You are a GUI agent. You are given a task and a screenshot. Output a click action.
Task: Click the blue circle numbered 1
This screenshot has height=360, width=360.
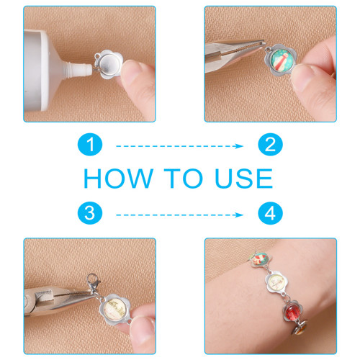click(x=90, y=145)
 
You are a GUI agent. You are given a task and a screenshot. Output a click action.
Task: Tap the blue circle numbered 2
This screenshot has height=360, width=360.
click(x=270, y=145)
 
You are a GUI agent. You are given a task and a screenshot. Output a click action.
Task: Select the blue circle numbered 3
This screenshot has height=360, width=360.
click(x=90, y=213)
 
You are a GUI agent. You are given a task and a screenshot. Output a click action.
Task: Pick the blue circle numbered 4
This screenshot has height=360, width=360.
click(x=270, y=213)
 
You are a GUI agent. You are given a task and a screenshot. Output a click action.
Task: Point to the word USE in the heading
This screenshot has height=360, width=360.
click(x=244, y=178)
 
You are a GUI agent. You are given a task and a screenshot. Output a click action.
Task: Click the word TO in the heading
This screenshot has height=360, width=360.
click(x=184, y=178)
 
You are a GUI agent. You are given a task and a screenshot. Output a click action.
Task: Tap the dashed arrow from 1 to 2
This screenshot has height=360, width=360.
click(x=179, y=146)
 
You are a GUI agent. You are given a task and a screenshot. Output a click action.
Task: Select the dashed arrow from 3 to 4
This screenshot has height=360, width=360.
click(x=179, y=215)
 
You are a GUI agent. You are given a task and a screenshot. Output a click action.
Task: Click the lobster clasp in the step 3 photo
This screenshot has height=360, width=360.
click(x=93, y=282)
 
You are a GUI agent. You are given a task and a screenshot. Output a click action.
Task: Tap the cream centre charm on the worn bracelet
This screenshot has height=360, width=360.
click(x=277, y=282)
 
